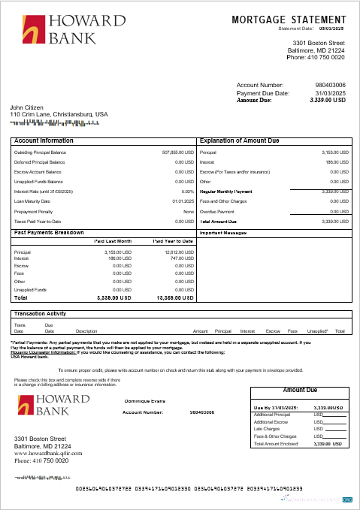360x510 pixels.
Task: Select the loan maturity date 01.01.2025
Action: [x=183, y=201]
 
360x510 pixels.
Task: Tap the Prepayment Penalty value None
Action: [x=189, y=211]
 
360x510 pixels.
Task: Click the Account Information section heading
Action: [x=44, y=140]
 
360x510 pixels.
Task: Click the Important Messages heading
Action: [x=222, y=233]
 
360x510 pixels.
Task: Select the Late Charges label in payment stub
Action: [x=268, y=429]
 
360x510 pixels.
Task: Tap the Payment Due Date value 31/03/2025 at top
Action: [x=330, y=93]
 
